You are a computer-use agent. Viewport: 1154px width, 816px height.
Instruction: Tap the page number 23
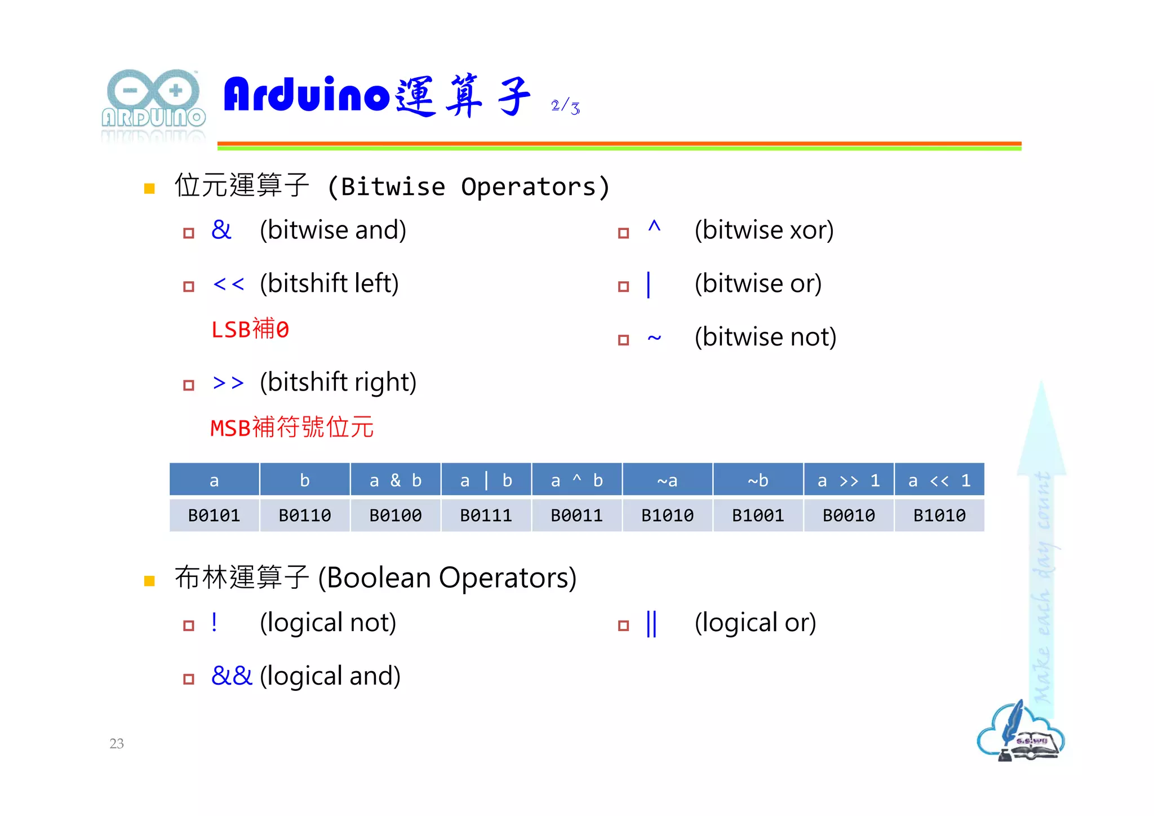coord(117,743)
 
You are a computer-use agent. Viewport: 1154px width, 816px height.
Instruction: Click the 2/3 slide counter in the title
coord(565,106)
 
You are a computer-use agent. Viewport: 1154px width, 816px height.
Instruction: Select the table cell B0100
coord(396,515)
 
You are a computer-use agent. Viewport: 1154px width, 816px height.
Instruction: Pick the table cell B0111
coord(486,515)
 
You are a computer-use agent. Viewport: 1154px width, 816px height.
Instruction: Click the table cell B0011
coord(577,515)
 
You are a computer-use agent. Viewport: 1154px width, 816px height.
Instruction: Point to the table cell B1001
coord(758,515)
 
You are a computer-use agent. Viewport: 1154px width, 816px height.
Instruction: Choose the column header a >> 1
coord(849,480)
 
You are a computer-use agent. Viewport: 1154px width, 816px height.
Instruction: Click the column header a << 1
coord(939,480)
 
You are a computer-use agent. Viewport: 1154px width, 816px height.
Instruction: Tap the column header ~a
coord(667,480)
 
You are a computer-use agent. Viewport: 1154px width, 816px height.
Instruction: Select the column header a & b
coord(396,480)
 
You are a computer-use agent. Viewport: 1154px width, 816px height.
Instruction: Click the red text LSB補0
coord(250,329)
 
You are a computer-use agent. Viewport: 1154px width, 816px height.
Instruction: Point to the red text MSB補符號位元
coord(292,427)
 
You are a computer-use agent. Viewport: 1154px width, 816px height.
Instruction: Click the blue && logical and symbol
coord(232,676)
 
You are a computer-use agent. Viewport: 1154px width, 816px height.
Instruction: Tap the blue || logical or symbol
coord(651,623)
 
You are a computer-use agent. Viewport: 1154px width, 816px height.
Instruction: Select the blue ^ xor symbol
coord(654,227)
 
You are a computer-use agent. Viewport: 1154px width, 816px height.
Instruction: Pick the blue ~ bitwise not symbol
coord(654,338)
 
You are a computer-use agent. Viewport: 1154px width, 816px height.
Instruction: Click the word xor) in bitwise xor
coord(811,230)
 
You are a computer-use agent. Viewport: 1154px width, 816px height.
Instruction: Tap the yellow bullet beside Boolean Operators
coord(149,580)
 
